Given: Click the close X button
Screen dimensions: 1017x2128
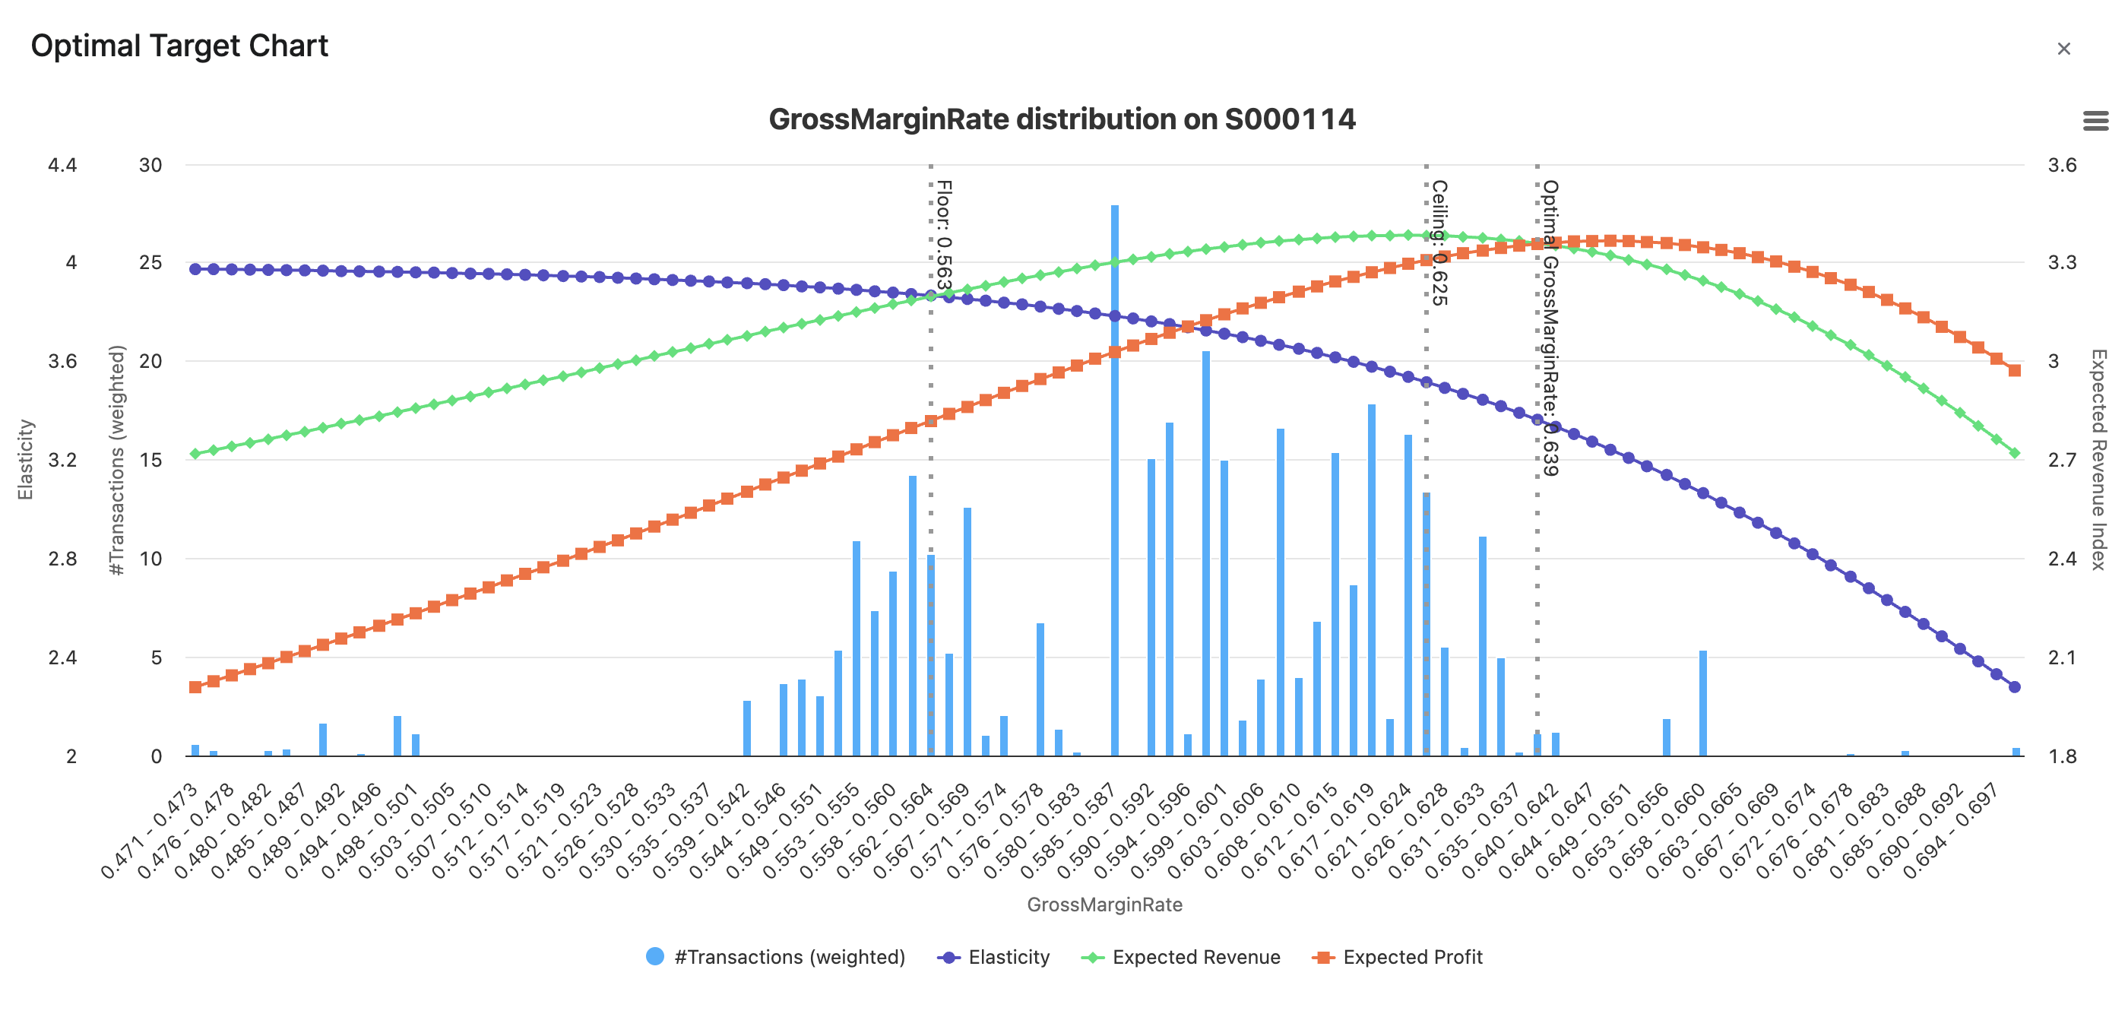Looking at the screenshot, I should coord(2063,49).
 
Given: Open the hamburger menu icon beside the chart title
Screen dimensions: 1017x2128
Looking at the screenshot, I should coord(2095,122).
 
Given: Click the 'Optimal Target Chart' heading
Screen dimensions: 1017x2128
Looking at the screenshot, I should coord(179,46).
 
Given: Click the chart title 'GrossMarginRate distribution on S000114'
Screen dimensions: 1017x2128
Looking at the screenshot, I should coord(1062,119).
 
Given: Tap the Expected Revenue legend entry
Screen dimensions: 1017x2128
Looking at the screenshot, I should coord(1181,957).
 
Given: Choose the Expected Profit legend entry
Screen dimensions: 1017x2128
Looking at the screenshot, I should coord(1398,957).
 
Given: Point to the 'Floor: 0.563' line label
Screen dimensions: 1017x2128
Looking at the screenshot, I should coord(943,236).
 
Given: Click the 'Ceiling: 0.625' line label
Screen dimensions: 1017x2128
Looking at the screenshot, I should coord(1439,243).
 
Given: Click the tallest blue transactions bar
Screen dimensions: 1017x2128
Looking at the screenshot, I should coord(1114,479).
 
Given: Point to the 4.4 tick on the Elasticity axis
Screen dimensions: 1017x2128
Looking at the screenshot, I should coord(62,165).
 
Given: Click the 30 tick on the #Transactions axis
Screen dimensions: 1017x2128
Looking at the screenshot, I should coord(150,165).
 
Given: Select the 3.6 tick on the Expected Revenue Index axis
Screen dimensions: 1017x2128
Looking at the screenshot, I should coord(2061,165).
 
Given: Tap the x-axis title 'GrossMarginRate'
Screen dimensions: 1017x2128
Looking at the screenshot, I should coord(1104,905).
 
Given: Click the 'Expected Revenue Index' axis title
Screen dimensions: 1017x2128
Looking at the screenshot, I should coord(2098,459).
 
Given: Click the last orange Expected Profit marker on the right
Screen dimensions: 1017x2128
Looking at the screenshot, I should coord(2014,370).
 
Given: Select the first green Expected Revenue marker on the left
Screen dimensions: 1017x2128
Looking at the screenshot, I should coord(195,454).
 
